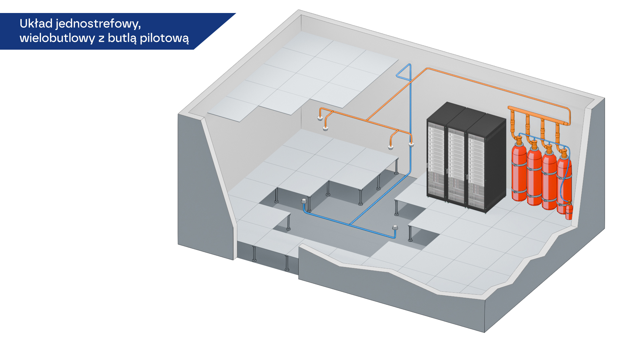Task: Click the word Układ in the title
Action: point(36,24)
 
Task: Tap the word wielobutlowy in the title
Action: point(57,38)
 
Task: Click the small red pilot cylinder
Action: point(569,210)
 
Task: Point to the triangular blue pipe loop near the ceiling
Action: point(404,72)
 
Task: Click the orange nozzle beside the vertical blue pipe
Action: point(411,144)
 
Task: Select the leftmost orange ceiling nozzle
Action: point(320,118)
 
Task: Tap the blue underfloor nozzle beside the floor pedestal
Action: point(304,201)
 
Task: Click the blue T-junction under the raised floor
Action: point(350,224)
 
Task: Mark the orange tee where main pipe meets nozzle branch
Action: point(367,120)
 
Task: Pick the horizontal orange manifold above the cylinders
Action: point(539,115)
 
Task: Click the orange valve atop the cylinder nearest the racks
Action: point(519,140)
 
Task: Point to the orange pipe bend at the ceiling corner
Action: point(427,69)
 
